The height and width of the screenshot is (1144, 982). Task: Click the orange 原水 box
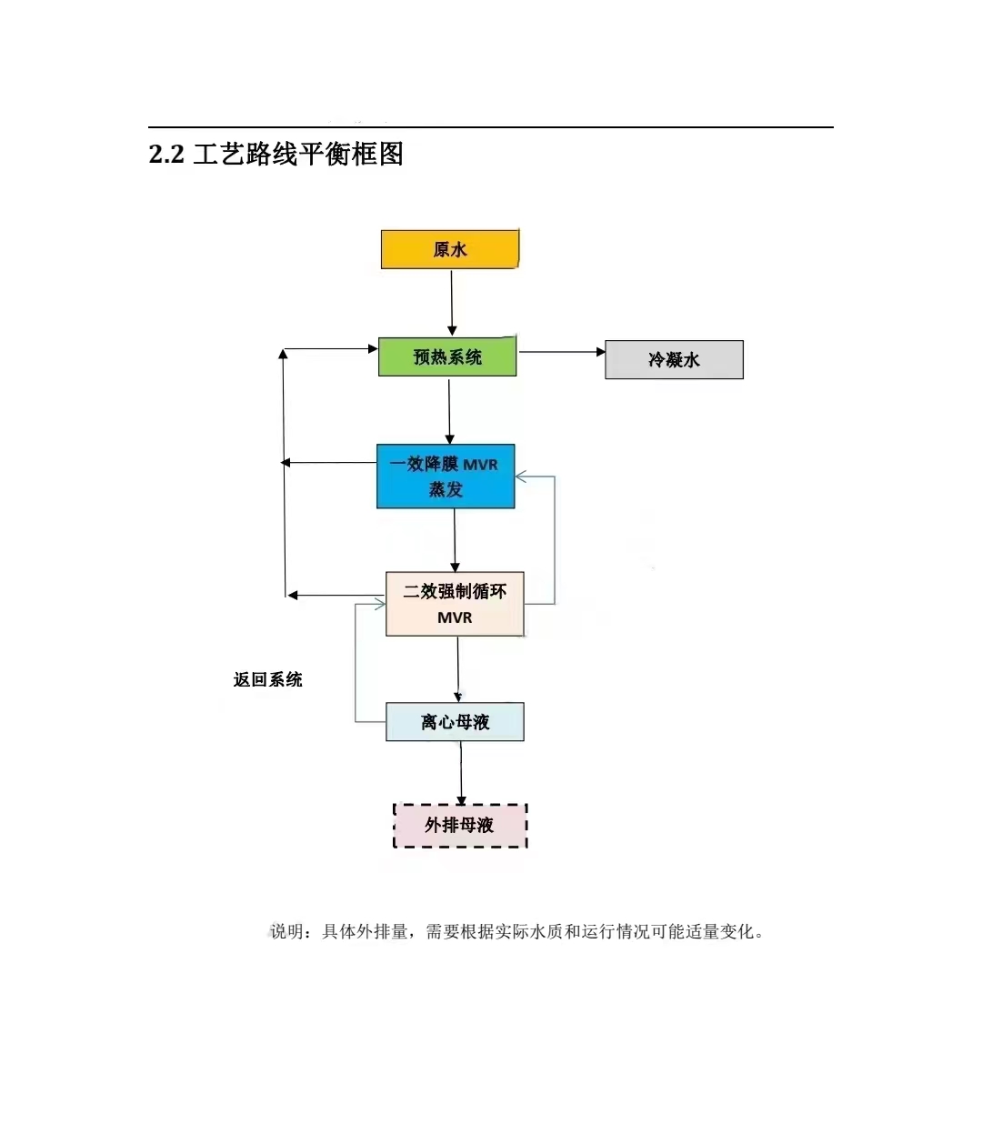(x=449, y=249)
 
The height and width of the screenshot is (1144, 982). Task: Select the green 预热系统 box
(x=447, y=356)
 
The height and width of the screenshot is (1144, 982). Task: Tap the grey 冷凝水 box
(x=674, y=360)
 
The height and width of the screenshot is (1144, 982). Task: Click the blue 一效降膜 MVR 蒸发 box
(x=446, y=476)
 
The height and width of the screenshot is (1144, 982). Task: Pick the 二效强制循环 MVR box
(x=455, y=604)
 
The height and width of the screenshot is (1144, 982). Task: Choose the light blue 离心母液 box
(x=455, y=722)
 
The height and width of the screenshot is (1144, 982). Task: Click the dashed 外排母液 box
(x=460, y=826)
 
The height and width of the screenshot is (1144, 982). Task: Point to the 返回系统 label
(x=267, y=679)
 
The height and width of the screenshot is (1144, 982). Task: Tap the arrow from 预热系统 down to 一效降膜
(x=449, y=411)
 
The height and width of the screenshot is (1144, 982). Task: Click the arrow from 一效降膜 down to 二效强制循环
(x=455, y=540)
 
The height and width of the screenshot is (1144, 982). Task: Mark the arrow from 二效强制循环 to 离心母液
(x=457, y=669)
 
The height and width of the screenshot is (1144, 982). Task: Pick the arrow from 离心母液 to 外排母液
(x=461, y=773)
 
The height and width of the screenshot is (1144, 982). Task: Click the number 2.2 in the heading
(x=166, y=154)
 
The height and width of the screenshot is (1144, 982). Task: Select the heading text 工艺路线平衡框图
(x=298, y=154)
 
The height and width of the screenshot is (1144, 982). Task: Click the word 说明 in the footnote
(x=286, y=931)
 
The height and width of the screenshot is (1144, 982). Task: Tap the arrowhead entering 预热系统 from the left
(x=373, y=348)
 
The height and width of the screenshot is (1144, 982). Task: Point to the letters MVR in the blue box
(x=480, y=465)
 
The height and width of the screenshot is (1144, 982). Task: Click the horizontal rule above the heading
(x=491, y=127)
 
